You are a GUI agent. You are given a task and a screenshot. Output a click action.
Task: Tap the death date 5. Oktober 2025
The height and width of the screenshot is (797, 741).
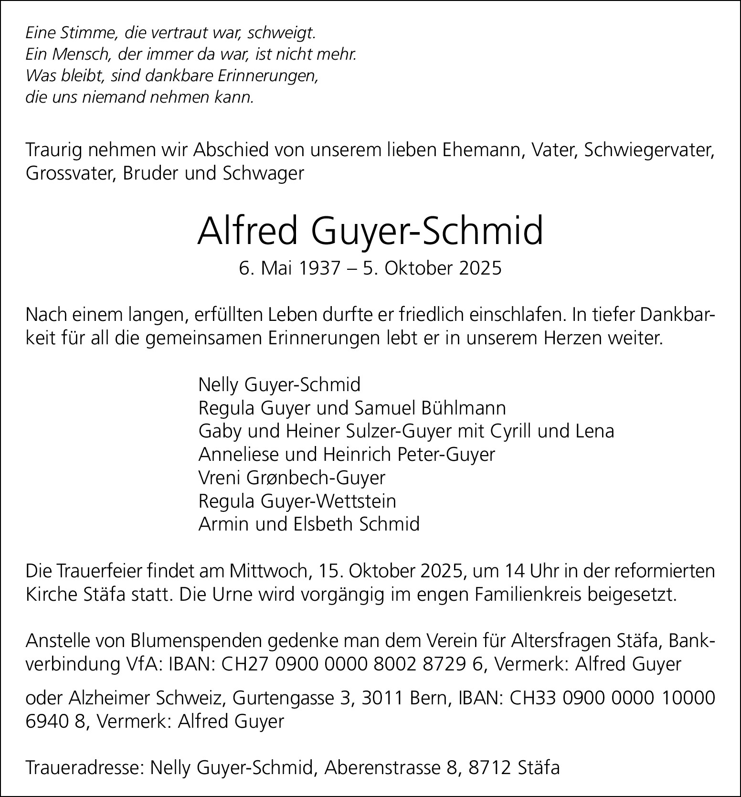(x=432, y=268)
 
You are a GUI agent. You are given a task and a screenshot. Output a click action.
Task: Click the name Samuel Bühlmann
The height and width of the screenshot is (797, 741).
(x=430, y=408)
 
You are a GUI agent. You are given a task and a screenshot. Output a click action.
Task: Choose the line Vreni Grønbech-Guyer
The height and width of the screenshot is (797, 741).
(x=292, y=478)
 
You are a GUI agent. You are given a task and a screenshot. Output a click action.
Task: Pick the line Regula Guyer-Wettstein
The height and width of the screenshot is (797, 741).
(x=297, y=501)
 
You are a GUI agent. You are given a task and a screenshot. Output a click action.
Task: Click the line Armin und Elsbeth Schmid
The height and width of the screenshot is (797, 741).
(x=309, y=524)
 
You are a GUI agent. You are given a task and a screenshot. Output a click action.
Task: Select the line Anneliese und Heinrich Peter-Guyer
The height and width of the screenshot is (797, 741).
(x=347, y=454)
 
